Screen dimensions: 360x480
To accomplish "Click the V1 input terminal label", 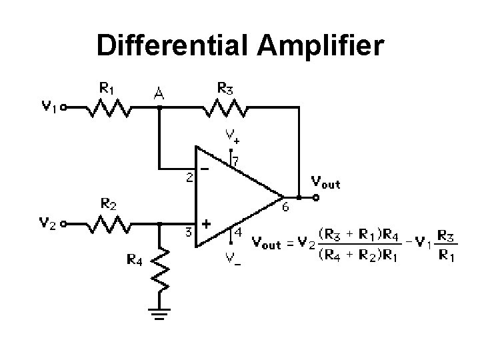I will point(49,106).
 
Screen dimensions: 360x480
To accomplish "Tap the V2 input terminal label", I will point(49,225).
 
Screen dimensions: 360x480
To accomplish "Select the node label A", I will point(159,95).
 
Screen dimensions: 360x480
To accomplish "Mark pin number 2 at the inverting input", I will point(189,178).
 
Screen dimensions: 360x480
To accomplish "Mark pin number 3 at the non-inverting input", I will point(189,231).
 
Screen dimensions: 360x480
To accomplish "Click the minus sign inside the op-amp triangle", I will point(205,169).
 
